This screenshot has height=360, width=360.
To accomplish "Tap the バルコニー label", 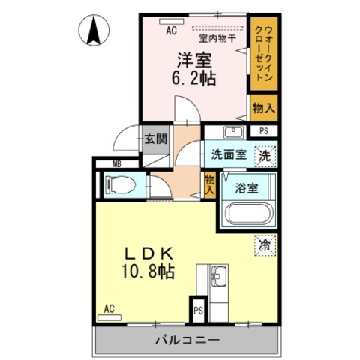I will (187, 340).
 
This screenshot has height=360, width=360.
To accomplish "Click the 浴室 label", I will (247, 188).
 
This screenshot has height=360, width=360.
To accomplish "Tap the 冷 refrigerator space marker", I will (265, 244).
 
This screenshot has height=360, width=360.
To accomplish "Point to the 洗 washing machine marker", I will (265, 157).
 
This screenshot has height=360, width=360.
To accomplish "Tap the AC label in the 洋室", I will (171, 31).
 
